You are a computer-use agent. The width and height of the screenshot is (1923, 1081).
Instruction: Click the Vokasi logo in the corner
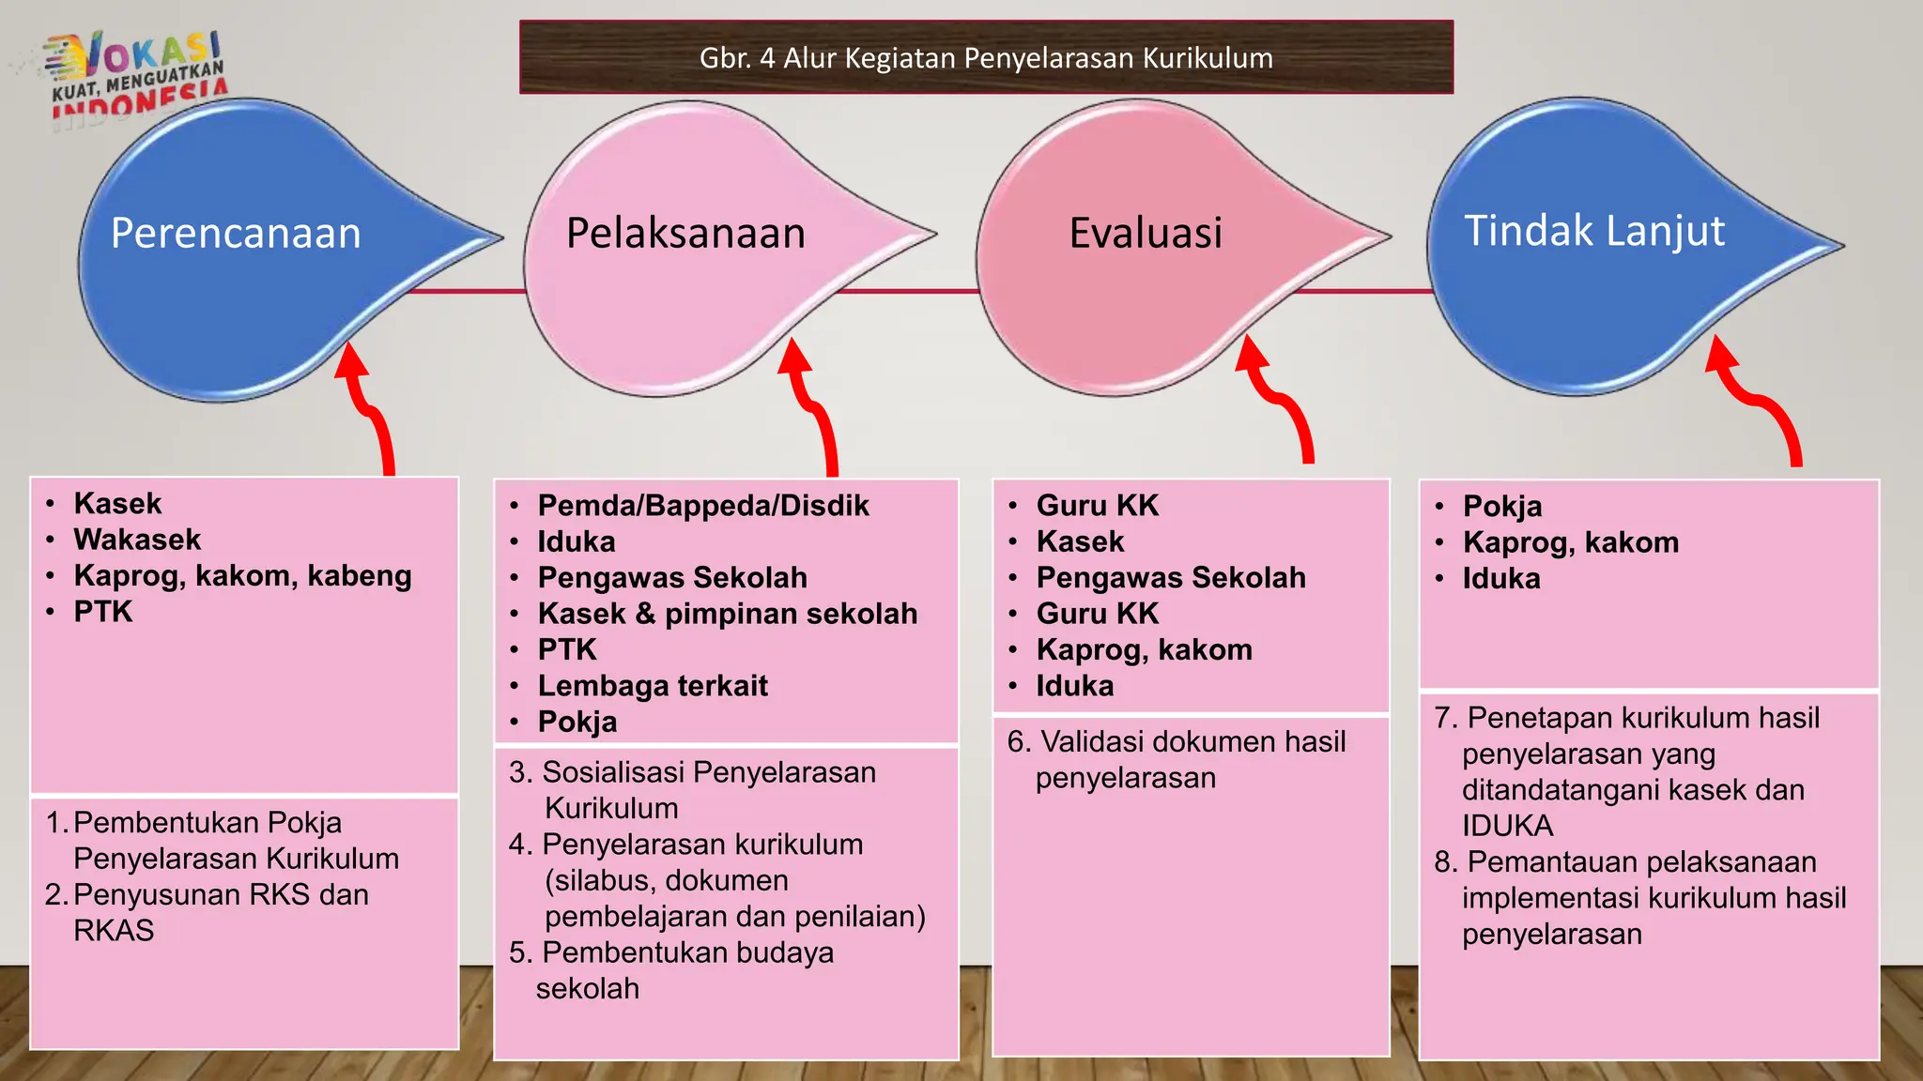tap(136, 75)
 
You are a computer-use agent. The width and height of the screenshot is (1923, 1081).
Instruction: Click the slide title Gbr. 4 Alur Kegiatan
tap(986, 58)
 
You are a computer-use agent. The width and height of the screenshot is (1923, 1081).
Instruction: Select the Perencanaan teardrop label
tap(236, 233)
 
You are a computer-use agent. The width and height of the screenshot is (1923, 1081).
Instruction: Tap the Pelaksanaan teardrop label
tap(685, 233)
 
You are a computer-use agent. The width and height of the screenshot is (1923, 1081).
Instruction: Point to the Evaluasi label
tap(1146, 233)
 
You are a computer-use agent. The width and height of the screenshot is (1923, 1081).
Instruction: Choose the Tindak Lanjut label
tap(1594, 231)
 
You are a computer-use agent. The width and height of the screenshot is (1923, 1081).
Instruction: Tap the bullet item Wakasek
tap(137, 540)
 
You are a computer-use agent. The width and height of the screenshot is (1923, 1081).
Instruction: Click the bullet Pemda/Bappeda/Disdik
tap(703, 506)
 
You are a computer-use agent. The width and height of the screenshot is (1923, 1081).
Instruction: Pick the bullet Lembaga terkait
tap(653, 686)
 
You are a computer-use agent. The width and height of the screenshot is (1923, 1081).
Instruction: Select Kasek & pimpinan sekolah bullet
tap(728, 614)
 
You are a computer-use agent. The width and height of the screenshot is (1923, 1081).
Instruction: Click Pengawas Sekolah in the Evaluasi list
tap(1171, 578)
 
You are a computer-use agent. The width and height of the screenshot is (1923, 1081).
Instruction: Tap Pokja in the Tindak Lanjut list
tap(1502, 507)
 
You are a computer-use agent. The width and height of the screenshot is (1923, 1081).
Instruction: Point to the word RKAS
tap(114, 931)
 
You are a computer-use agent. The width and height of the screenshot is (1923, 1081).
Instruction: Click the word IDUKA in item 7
tap(1507, 826)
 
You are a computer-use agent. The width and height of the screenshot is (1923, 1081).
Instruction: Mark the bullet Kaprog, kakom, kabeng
tap(242, 575)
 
